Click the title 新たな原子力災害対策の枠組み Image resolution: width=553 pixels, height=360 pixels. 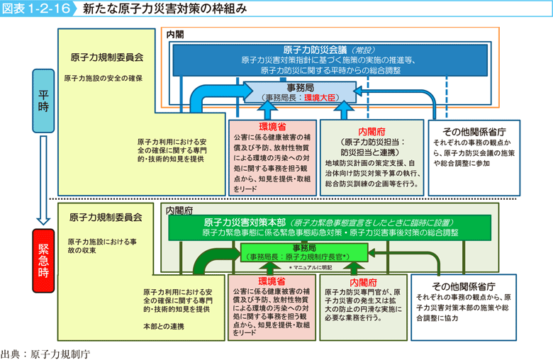click(164, 9)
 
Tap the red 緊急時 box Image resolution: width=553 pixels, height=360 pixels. click(43, 260)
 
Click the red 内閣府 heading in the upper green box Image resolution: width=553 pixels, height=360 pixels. click(372, 130)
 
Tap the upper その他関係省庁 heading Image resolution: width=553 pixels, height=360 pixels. click(473, 132)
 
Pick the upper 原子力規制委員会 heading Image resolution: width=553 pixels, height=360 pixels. click(107, 57)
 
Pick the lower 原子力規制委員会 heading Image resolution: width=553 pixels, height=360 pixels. click(106, 217)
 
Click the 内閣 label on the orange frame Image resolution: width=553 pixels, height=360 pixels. click(175, 33)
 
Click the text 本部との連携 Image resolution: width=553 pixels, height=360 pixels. click(162, 326)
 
